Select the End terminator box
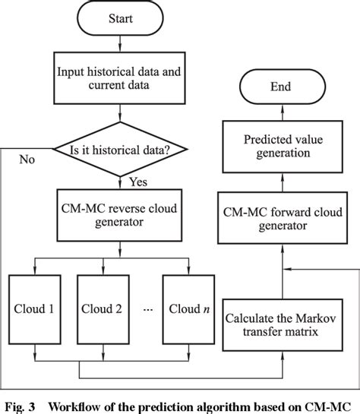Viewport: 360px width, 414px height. pos(280,87)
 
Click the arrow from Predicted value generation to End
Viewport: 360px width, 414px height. pos(280,113)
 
